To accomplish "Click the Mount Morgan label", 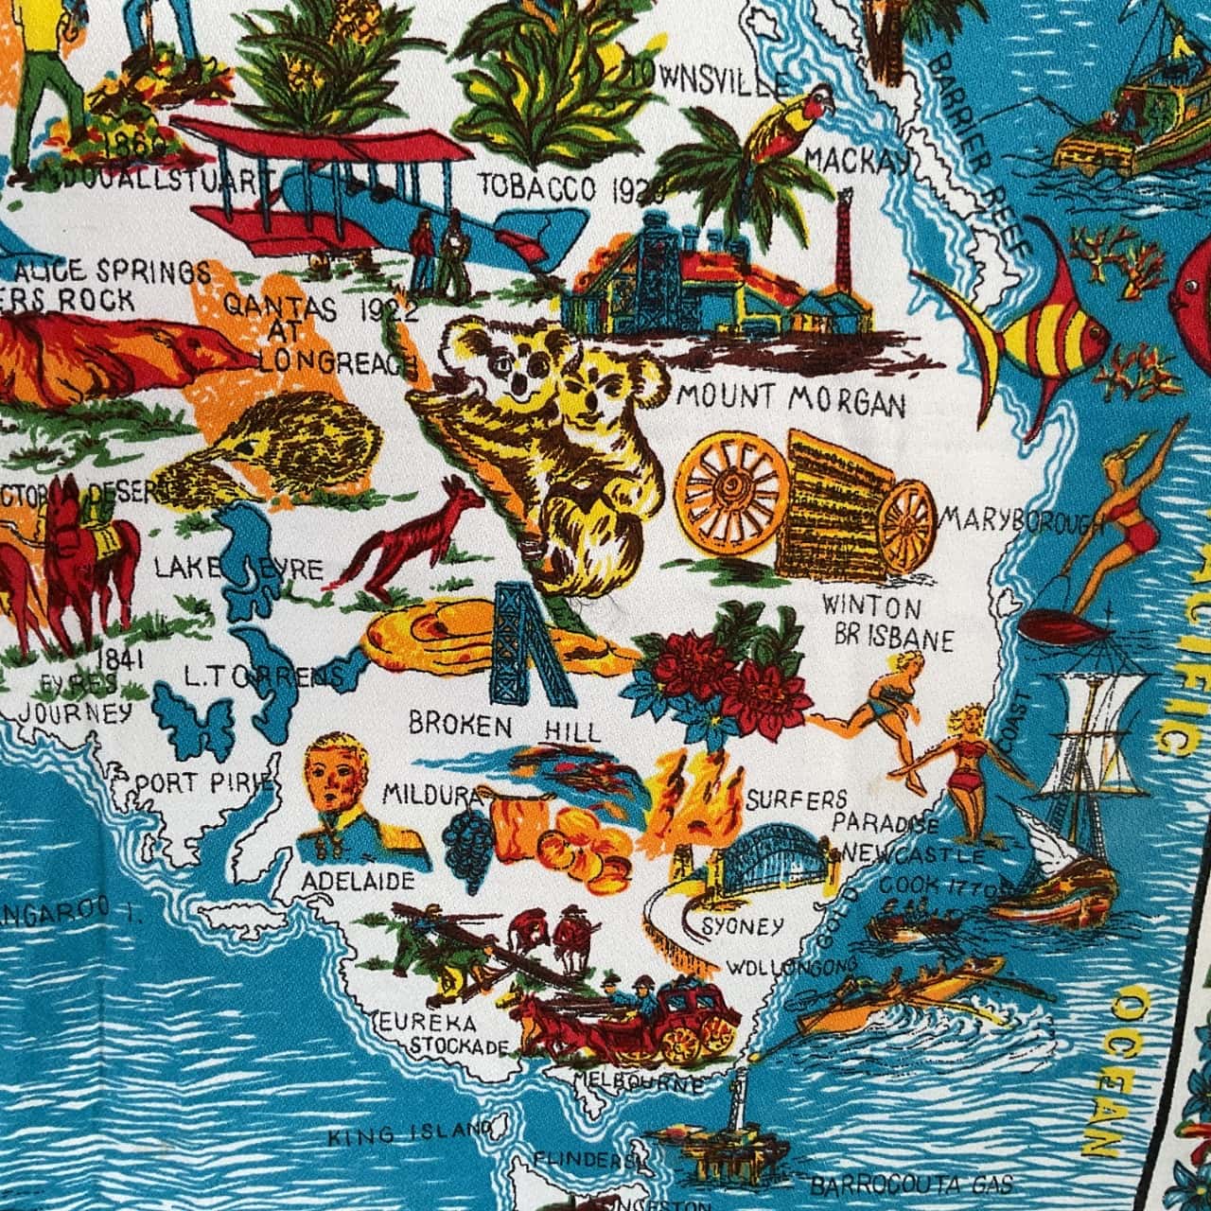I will (791, 401).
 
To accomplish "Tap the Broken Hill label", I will (503, 728).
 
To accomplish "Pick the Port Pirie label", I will (203, 783).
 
